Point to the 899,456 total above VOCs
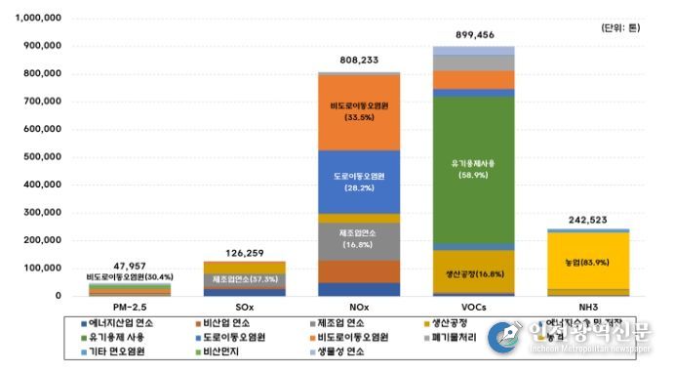(x=460, y=33)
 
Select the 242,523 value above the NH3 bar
(x=574, y=219)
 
